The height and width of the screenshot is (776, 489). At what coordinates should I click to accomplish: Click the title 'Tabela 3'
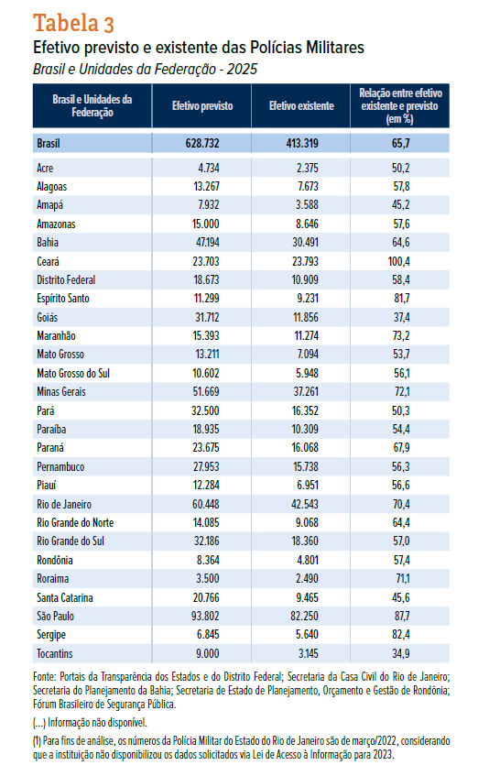pyautogui.click(x=73, y=23)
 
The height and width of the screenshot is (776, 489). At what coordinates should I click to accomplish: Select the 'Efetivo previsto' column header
pyautogui.click(x=202, y=106)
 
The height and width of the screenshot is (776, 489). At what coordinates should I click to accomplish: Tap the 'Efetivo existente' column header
pyautogui.click(x=301, y=106)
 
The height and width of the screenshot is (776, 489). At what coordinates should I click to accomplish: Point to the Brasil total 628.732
pyautogui.click(x=202, y=144)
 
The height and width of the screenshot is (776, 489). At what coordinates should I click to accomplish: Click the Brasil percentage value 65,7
pyautogui.click(x=400, y=144)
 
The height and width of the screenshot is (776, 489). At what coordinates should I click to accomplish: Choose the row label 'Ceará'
pyautogui.click(x=48, y=261)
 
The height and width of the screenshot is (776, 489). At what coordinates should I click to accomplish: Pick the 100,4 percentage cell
pyautogui.click(x=399, y=261)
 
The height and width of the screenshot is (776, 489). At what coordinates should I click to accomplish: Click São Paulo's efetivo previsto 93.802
pyautogui.click(x=206, y=617)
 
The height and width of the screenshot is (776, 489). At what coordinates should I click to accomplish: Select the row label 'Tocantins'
pyautogui.click(x=54, y=653)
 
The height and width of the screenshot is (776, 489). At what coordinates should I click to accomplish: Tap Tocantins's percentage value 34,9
pyautogui.click(x=401, y=653)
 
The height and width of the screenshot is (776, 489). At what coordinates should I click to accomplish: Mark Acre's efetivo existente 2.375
pyautogui.click(x=308, y=169)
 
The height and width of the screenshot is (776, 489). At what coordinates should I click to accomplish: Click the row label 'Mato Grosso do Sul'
pyautogui.click(x=73, y=373)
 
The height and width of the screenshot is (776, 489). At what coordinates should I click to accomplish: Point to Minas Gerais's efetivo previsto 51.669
pyautogui.click(x=206, y=392)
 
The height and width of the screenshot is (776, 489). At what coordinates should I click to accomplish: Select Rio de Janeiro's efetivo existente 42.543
pyautogui.click(x=305, y=504)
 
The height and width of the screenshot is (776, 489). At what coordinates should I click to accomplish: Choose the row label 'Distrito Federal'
pyautogui.click(x=66, y=280)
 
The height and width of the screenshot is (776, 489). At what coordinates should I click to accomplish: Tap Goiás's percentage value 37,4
pyautogui.click(x=401, y=317)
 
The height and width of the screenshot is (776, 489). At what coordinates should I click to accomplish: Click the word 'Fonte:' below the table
pyautogui.click(x=45, y=676)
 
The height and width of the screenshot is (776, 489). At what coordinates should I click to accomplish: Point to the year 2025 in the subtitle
pyautogui.click(x=243, y=69)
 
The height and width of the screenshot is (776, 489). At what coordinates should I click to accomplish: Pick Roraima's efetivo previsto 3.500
pyautogui.click(x=208, y=578)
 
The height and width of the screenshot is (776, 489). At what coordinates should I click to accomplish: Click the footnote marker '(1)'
pyautogui.click(x=37, y=741)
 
